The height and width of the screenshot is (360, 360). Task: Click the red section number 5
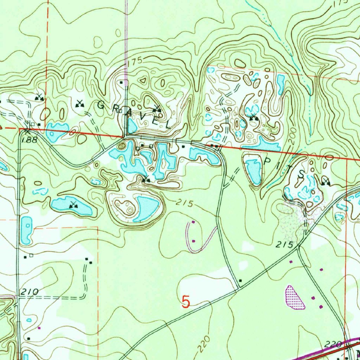click(x=186, y=301)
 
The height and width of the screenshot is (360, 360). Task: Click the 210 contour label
click(x=28, y=292)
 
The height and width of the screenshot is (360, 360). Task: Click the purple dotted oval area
click(x=295, y=297)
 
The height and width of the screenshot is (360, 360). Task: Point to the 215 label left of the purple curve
click(x=185, y=203)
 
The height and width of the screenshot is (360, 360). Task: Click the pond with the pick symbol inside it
click(x=72, y=206)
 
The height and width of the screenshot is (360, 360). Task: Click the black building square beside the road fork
click(x=240, y=280)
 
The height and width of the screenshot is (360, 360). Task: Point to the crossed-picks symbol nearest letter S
click(x=325, y=182)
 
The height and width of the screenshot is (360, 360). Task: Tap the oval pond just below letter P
click(x=253, y=171)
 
